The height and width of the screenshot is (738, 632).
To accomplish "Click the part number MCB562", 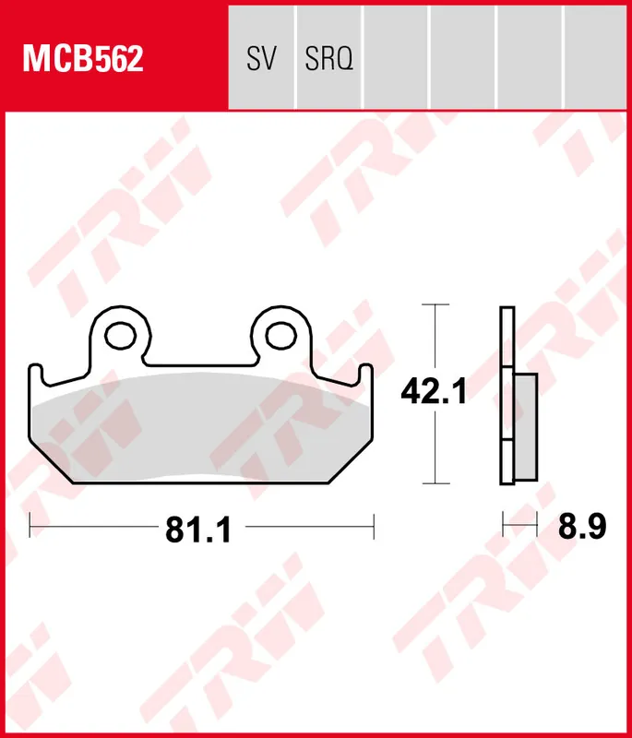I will [x=83, y=59].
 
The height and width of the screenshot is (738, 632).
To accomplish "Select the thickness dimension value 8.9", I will [x=582, y=527].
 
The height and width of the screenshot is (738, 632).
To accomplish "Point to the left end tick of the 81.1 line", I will [x=30, y=528].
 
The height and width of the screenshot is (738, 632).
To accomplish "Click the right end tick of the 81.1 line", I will [x=374, y=528].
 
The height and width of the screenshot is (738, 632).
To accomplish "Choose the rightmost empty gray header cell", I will [x=596, y=55].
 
